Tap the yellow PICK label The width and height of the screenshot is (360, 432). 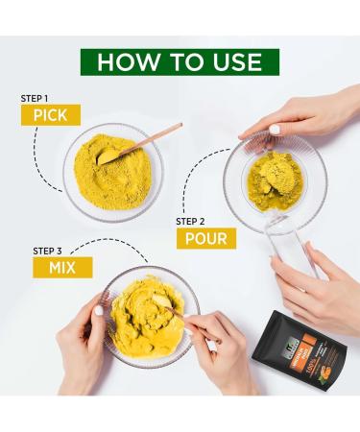tap(49, 115)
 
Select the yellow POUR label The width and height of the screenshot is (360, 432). tap(205, 237)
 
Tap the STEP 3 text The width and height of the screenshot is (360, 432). tap(51, 251)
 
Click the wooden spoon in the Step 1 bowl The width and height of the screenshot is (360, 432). tap(144, 140)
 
